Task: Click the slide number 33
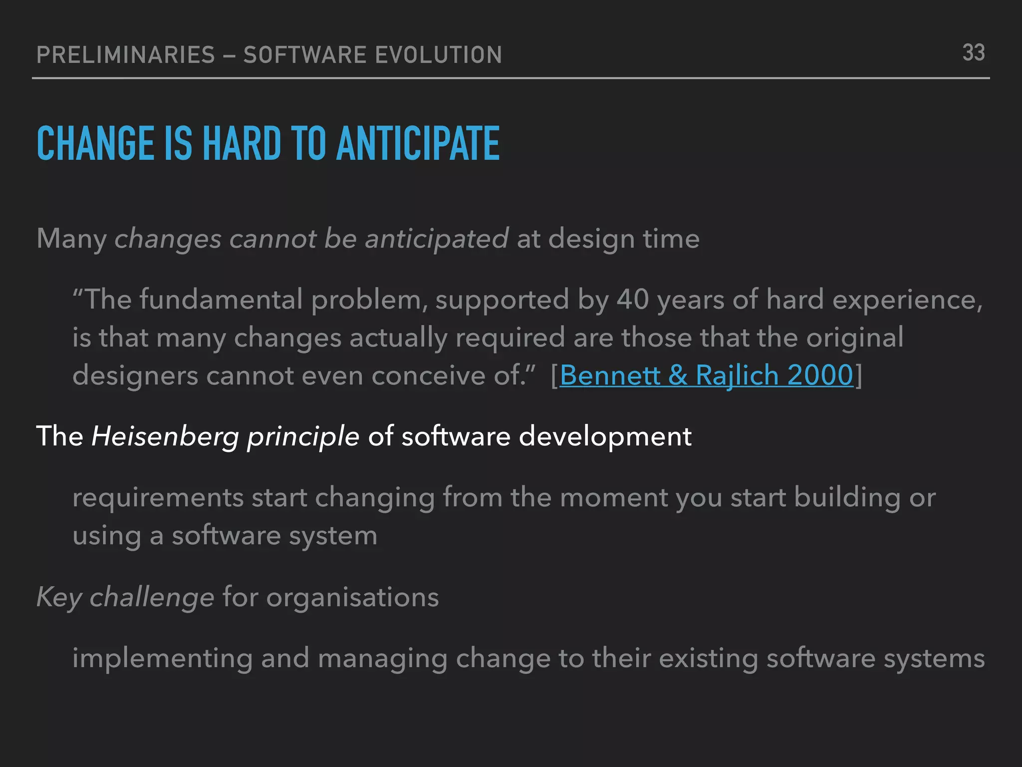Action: (973, 53)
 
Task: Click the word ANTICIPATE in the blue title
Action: (418, 144)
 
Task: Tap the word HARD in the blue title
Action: (242, 144)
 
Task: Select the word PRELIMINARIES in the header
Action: (126, 55)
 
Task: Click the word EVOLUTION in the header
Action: (438, 55)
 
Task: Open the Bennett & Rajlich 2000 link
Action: (706, 375)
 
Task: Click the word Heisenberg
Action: (165, 436)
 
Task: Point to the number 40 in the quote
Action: (632, 300)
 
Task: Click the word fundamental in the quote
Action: (221, 300)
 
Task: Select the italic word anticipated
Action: (437, 239)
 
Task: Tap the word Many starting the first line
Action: (71, 239)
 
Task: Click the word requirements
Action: (158, 498)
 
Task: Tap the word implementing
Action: (162, 659)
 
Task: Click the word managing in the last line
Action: (382, 659)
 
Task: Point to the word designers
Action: (135, 376)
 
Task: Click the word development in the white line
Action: (605, 436)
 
